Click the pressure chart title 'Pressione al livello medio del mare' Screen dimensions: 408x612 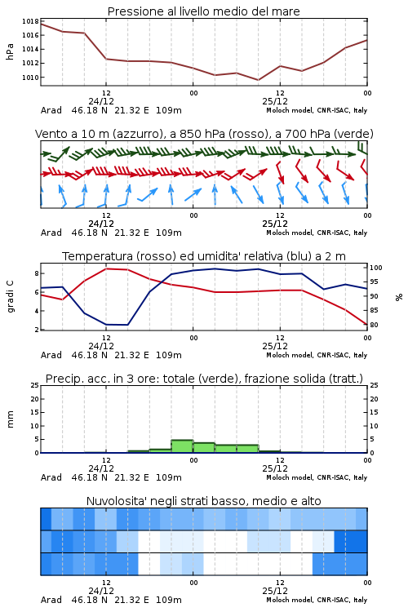(203, 11)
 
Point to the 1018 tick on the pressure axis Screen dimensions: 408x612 (30, 21)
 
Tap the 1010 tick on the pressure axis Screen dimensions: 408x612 (30, 78)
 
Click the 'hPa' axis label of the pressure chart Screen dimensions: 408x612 (10, 51)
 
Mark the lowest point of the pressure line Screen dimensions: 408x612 (258, 80)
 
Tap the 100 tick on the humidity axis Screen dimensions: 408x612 (375, 268)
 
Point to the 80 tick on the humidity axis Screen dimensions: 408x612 (374, 325)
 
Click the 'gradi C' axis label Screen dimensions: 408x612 (11, 296)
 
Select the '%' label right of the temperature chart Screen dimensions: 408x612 (399, 297)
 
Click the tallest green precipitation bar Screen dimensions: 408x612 (182, 446)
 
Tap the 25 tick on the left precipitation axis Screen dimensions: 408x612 (35, 385)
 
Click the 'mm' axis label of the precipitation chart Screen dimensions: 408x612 (10, 419)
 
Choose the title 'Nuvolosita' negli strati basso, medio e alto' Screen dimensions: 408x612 (203, 501)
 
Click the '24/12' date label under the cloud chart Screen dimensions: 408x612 (101, 591)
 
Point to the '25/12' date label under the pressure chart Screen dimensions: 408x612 (275, 101)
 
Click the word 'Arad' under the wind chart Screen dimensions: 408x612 (51, 233)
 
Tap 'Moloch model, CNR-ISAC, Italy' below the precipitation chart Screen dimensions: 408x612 (317, 477)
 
